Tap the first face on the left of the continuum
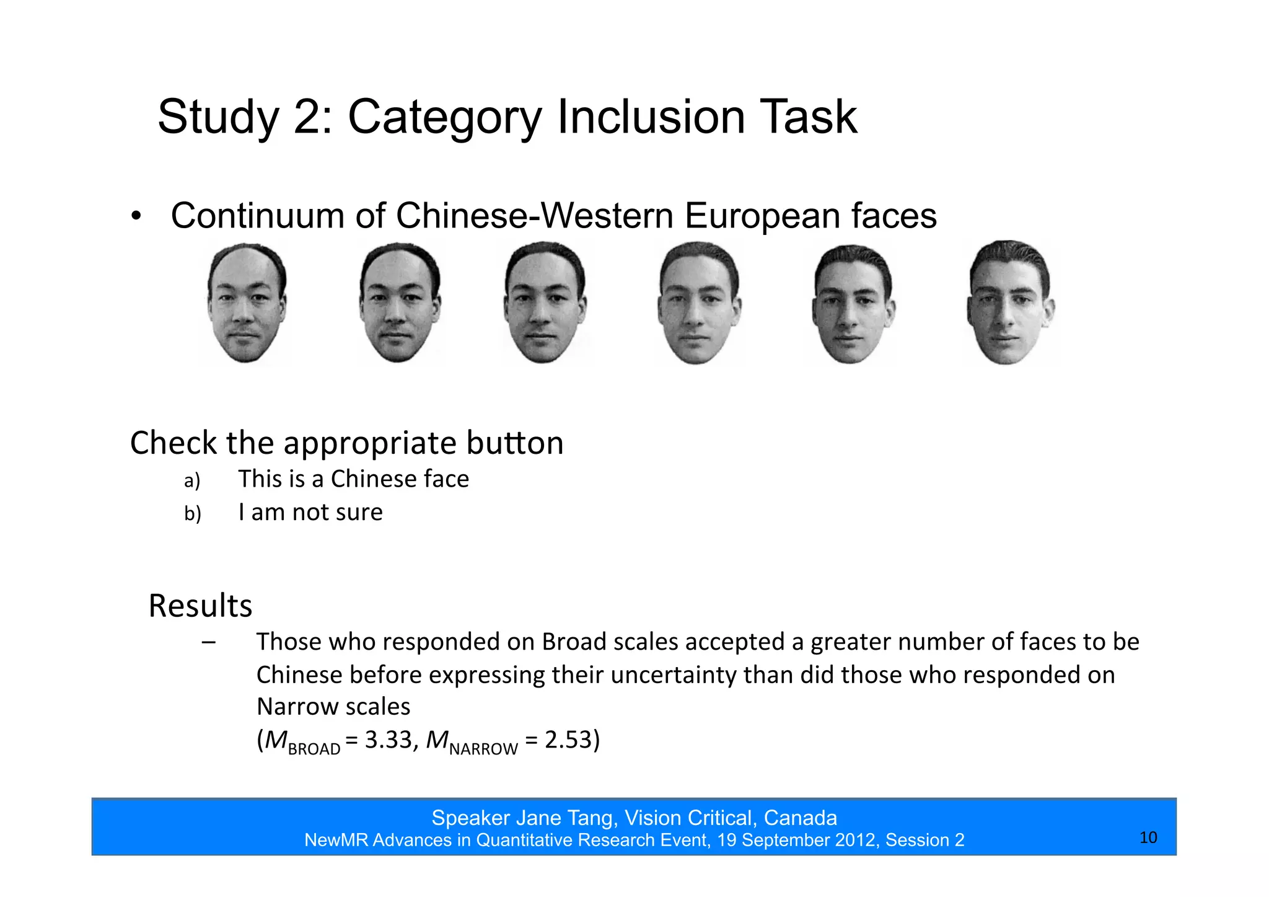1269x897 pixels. click(247, 303)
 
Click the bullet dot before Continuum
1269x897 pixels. click(136, 217)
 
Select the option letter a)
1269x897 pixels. click(192, 481)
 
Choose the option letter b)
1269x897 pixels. click(192, 514)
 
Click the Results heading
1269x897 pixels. click(200, 606)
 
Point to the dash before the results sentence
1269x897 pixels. click(209, 642)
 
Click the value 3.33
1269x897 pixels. click(388, 740)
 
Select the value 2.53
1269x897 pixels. click(569, 740)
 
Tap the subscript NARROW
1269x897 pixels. click(483, 749)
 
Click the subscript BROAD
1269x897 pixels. click(314, 749)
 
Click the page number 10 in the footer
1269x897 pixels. click(1148, 837)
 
